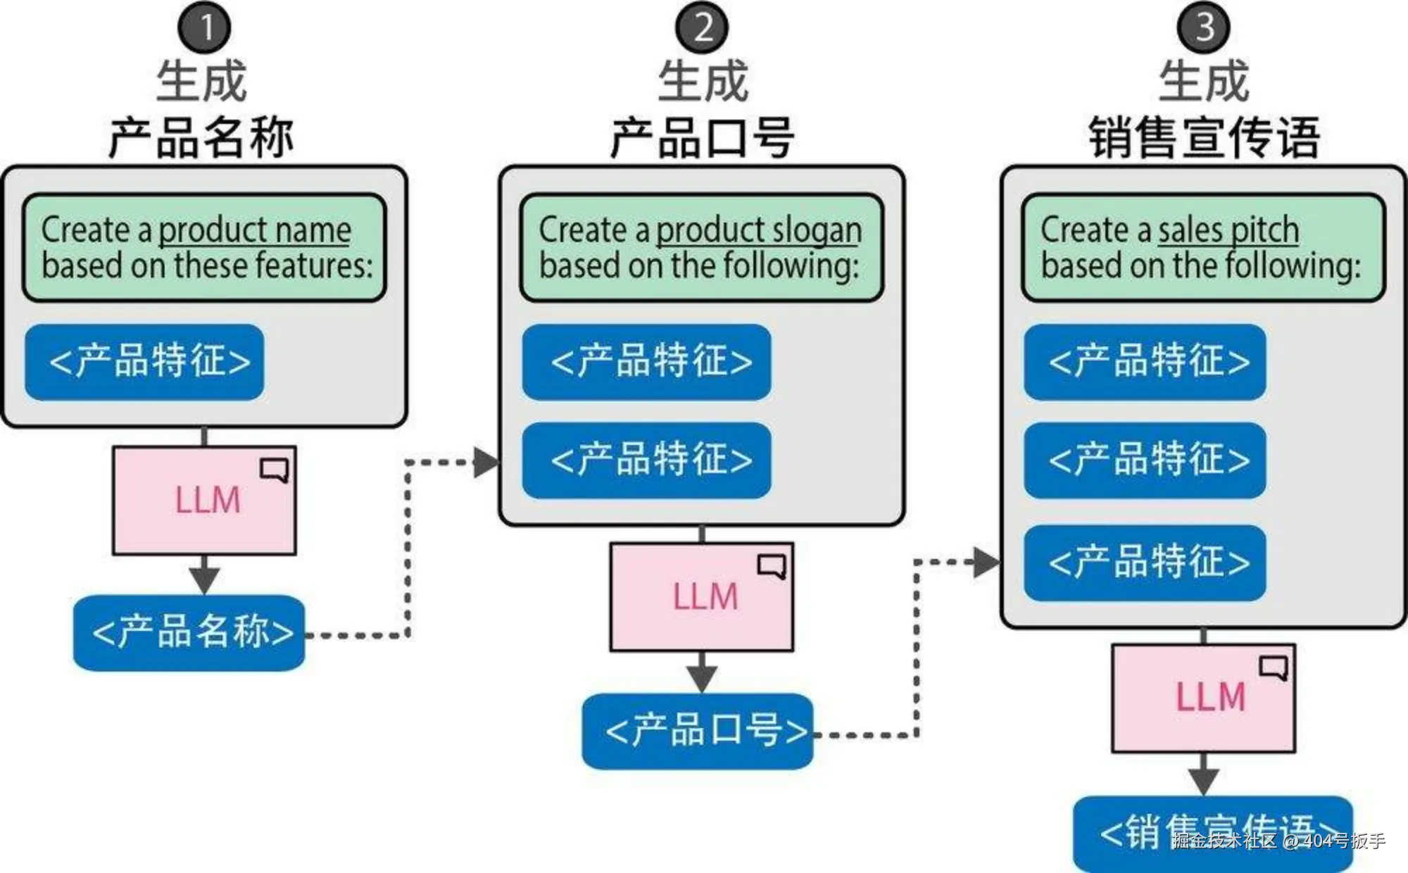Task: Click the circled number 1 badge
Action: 204,27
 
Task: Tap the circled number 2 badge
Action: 703,27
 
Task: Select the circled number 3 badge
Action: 1204,27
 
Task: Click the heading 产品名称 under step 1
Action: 201,137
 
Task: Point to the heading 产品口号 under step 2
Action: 703,137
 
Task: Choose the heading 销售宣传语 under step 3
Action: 1204,137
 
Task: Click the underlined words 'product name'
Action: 255,230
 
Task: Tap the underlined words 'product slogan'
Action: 759,230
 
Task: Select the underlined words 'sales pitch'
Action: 1228,230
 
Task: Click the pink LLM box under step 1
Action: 204,501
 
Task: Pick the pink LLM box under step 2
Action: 702,597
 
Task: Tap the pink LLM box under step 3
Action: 1204,698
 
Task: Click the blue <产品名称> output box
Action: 189,632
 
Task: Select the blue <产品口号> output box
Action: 698,731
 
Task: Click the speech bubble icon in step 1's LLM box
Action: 275,470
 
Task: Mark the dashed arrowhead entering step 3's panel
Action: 987,562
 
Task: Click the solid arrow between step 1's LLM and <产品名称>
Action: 204,575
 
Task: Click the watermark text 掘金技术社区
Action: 1225,840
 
